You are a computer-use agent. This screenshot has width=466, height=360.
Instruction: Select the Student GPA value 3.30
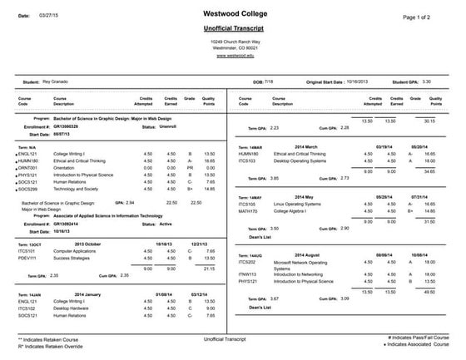click(426, 82)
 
